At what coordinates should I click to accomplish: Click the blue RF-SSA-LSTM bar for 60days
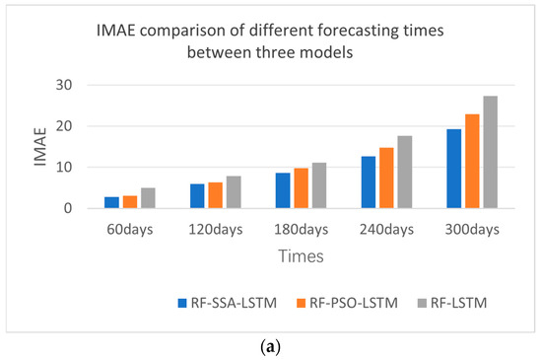coord(111,202)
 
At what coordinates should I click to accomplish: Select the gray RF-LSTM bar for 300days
coord(490,153)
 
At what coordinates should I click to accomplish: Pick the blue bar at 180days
coord(283,190)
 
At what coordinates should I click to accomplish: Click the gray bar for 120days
coord(234,192)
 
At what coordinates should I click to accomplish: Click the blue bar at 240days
coord(368,182)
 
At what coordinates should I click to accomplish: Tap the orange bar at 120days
coord(216,195)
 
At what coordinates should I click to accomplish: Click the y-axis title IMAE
coord(42,147)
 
